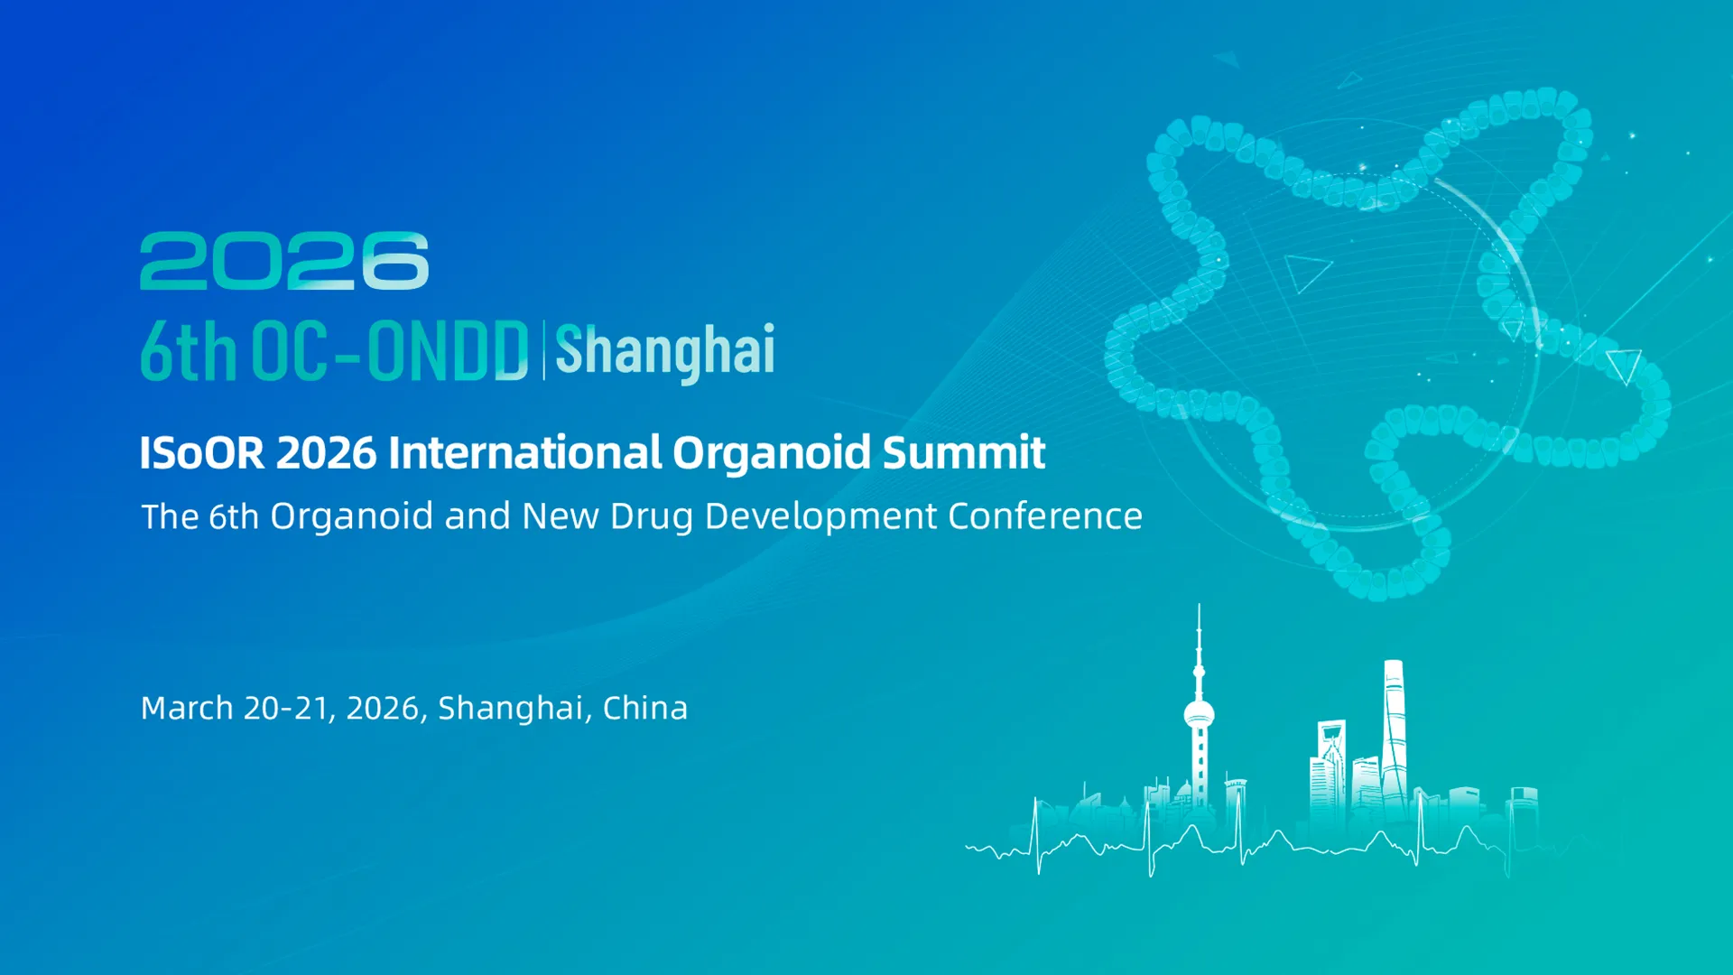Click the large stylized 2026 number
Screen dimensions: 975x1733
(283, 261)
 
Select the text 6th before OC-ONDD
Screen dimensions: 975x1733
(188, 350)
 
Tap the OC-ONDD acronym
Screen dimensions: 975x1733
(389, 350)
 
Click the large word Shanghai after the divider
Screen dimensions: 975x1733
(664, 350)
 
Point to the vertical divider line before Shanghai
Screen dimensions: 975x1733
(543, 350)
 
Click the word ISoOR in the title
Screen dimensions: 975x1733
(202, 452)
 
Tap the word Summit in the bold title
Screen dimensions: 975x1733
(963, 452)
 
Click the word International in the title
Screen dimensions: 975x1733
(524, 452)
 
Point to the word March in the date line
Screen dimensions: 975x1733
(187, 708)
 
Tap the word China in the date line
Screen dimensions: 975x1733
(644, 708)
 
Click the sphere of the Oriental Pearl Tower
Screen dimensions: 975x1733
(1199, 716)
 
